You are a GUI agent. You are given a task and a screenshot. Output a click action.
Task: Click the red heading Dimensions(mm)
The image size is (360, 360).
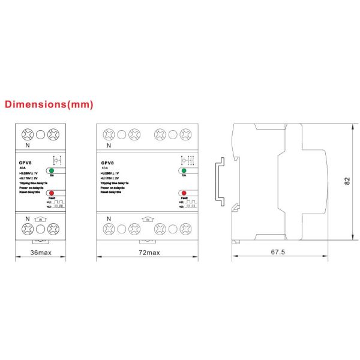(x=49, y=104)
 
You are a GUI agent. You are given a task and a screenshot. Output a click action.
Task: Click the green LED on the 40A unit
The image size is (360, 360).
(x=52, y=171)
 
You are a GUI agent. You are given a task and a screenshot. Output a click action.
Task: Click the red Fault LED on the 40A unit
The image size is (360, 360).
(x=52, y=194)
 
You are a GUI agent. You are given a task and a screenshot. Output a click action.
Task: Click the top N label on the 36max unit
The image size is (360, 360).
(x=27, y=145)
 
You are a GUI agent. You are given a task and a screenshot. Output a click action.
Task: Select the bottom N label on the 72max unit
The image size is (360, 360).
(x=108, y=218)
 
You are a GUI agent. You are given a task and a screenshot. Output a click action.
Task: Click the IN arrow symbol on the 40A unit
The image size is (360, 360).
(x=40, y=220)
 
